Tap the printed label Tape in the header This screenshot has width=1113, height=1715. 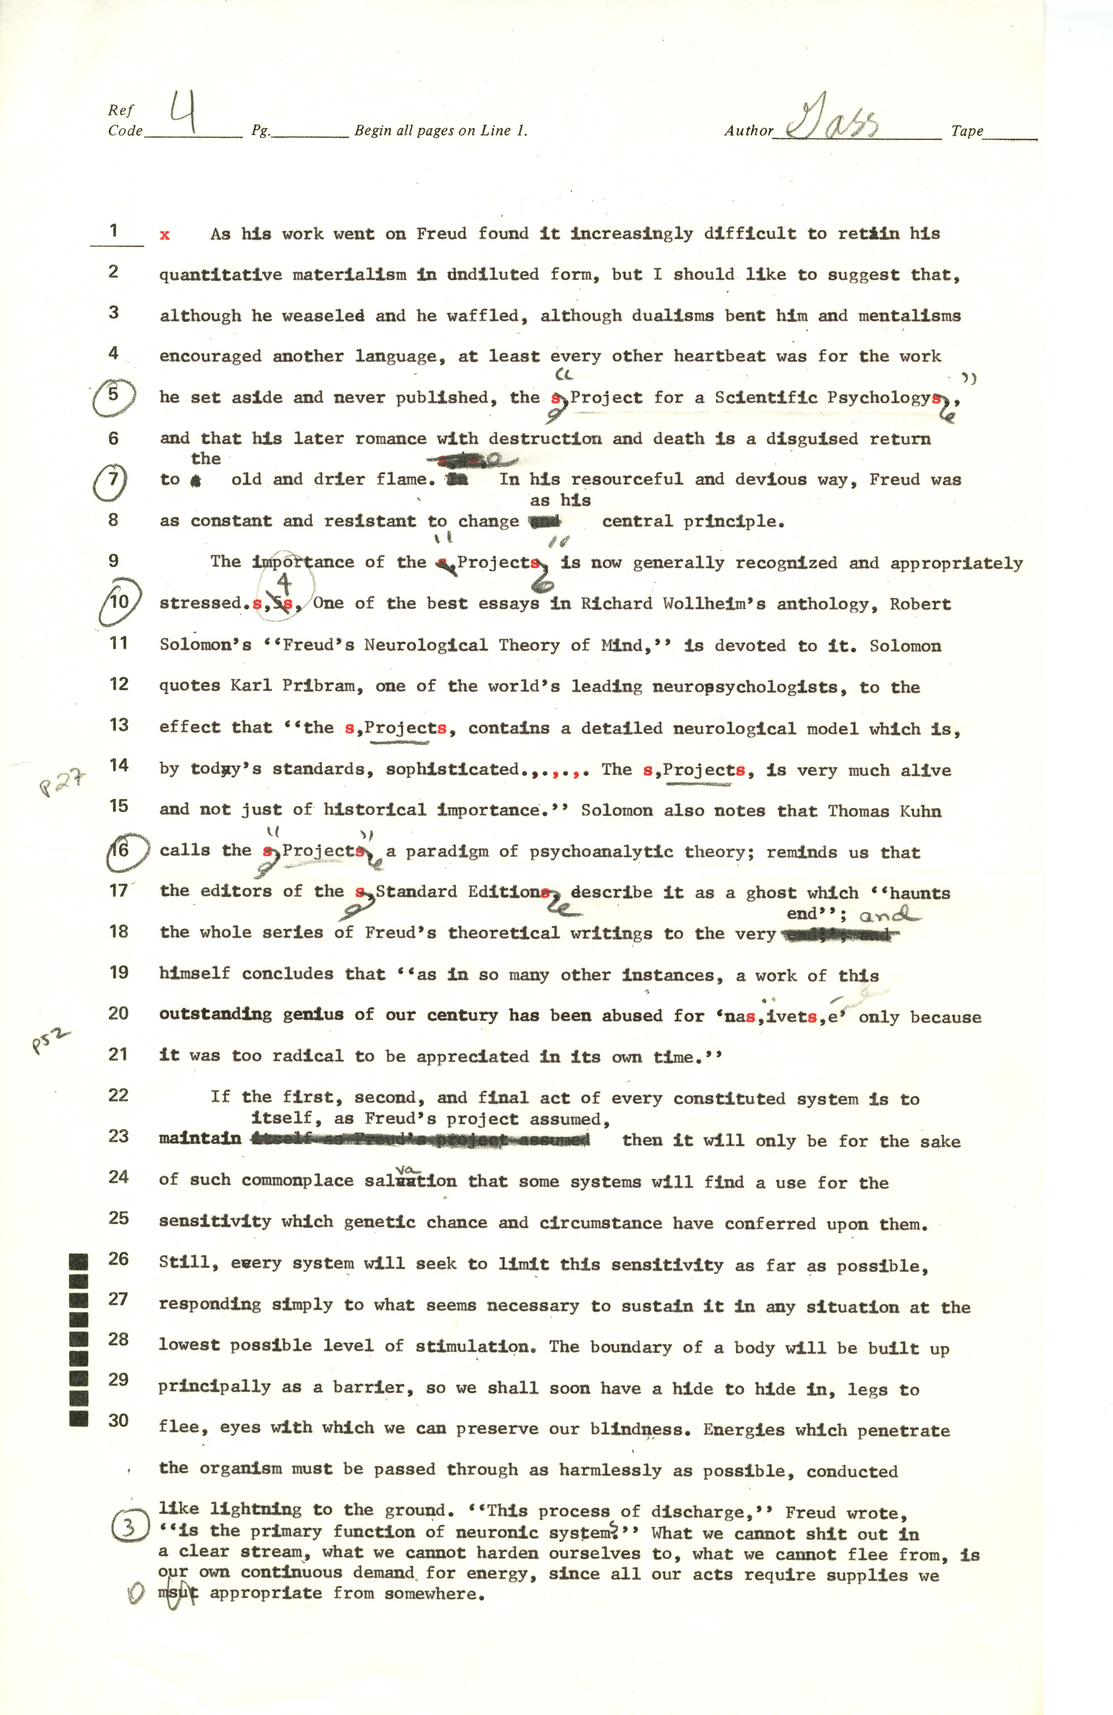coord(967,131)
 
